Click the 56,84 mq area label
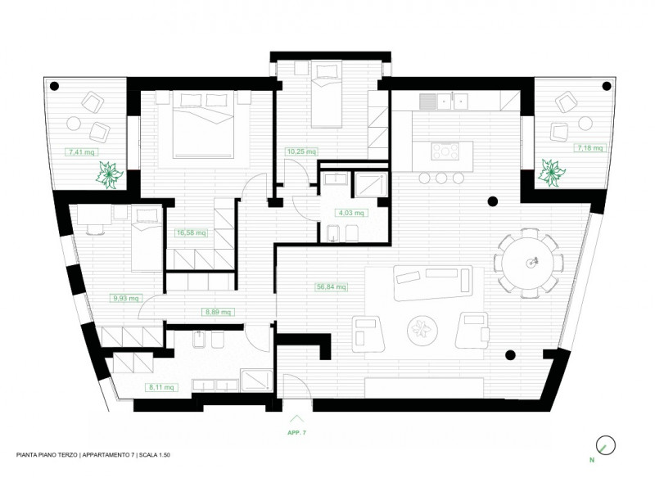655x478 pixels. pos(331,287)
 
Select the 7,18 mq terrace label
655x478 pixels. pos(589,148)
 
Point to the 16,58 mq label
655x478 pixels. pos(192,232)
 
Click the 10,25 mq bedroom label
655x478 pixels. pos(301,151)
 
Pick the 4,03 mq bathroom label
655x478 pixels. pos(351,213)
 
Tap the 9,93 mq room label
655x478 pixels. pos(126,299)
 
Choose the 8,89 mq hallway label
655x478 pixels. pos(218,312)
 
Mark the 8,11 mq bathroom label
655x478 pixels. pos(161,387)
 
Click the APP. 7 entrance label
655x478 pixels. pos(296,433)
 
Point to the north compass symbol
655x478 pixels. pos(606,445)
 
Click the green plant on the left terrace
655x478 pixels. pos(110,175)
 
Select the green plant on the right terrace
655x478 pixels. pos(551,172)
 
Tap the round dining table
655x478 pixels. pos(527,263)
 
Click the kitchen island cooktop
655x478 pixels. pos(445,151)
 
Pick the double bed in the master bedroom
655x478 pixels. pos(203,125)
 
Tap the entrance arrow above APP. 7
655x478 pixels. pos(296,419)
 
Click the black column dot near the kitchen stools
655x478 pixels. pos(493,201)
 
